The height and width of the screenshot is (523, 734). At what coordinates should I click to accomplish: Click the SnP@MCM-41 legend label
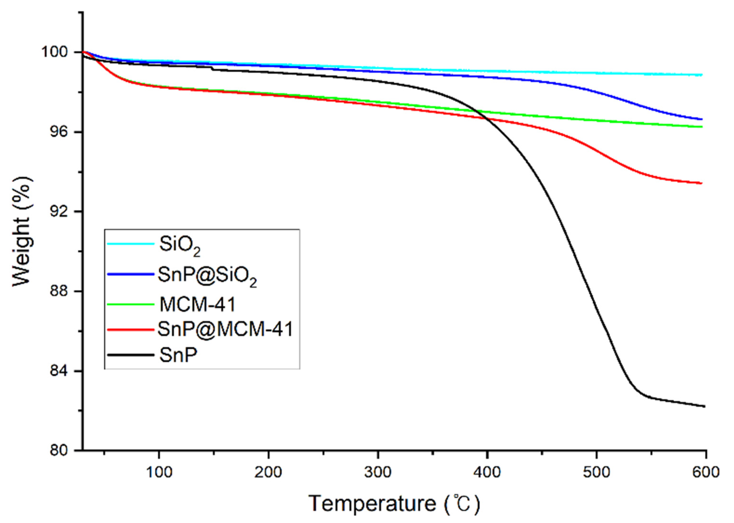225,330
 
